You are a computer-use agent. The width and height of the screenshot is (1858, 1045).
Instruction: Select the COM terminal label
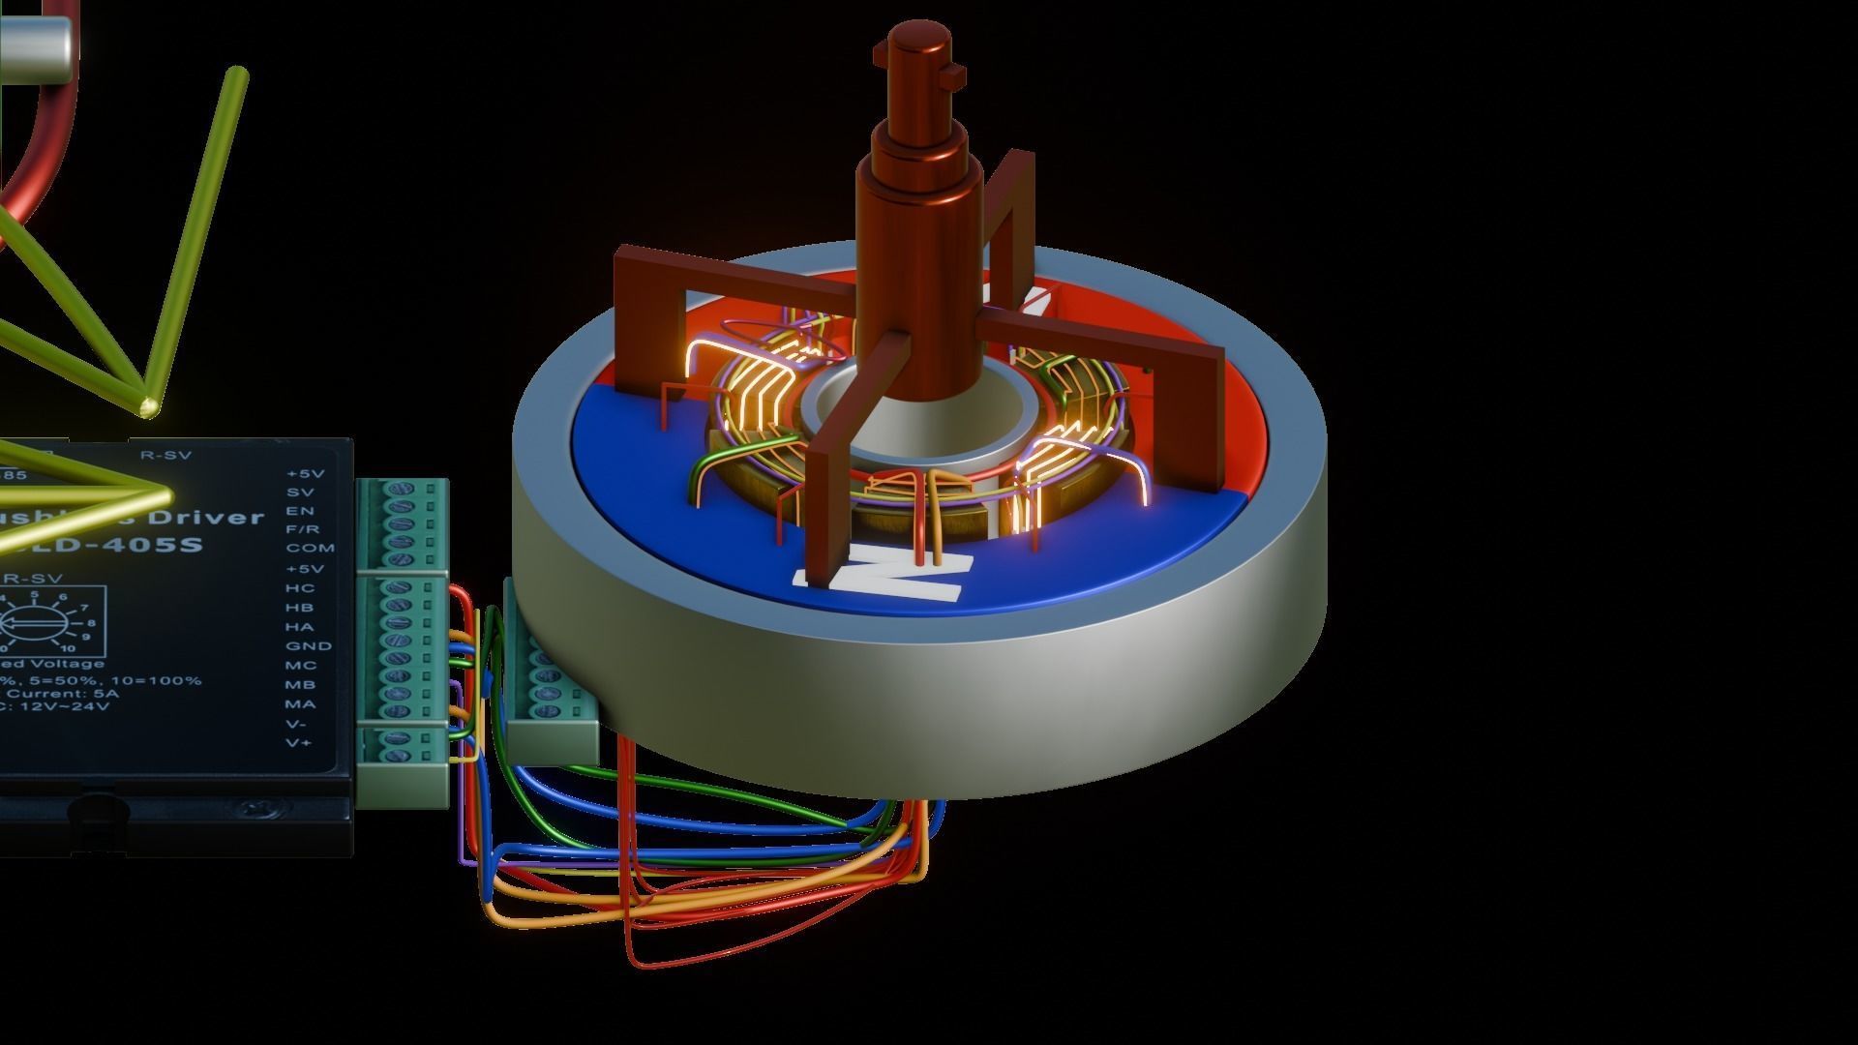click(310, 549)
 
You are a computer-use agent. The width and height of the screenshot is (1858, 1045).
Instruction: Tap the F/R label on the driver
click(304, 529)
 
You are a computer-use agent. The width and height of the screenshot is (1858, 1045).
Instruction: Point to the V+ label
click(298, 742)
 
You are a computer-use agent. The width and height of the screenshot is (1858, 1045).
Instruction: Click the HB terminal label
click(299, 607)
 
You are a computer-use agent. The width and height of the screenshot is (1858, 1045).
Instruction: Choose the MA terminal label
click(300, 703)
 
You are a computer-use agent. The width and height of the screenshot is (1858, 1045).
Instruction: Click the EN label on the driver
click(300, 510)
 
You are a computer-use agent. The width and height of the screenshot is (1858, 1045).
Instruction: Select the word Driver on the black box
click(207, 518)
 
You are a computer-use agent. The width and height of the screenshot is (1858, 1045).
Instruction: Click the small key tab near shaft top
click(956, 73)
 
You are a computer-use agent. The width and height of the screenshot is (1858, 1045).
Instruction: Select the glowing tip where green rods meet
click(148, 406)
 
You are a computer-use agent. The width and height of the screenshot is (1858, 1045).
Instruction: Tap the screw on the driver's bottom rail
click(256, 808)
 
